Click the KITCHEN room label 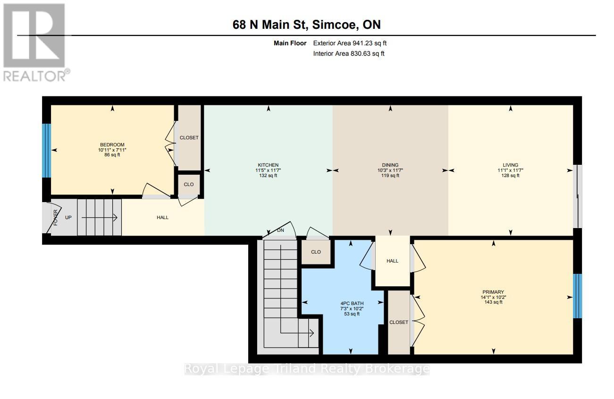[x=268, y=165]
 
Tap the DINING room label [x=390, y=165]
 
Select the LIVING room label [x=510, y=165]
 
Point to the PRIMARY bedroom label [x=493, y=292]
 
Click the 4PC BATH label [x=352, y=303]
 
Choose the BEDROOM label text [x=112, y=144]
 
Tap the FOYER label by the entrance [x=56, y=218]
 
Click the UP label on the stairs [x=68, y=218]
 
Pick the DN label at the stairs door [x=280, y=230]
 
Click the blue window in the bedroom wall [x=47, y=151]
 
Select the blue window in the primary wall [x=577, y=296]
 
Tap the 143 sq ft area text [x=493, y=302]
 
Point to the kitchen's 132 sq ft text [x=268, y=175]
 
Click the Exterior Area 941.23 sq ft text [x=350, y=43]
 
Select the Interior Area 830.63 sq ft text [x=349, y=53]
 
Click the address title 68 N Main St [x=269, y=25]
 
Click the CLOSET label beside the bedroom [x=189, y=138]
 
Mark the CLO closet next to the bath [x=316, y=252]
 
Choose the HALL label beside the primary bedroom [x=392, y=261]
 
